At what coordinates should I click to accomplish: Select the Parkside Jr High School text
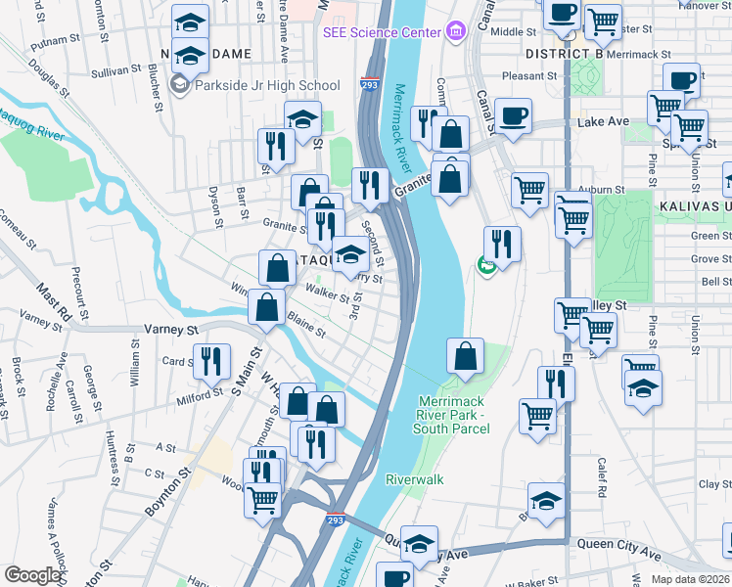click(x=266, y=85)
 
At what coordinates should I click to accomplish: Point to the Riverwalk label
click(x=414, y=479)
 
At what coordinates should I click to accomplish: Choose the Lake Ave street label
click(x=603, y=122)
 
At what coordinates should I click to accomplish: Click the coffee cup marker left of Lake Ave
click(x=513, y=116)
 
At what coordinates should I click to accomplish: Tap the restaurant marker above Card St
click(x=210, y=363)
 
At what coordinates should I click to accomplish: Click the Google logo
click(x=32, y=575)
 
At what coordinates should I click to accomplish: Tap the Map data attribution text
click(x=690, y=579)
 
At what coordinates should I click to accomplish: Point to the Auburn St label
click(x=607, y=189)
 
